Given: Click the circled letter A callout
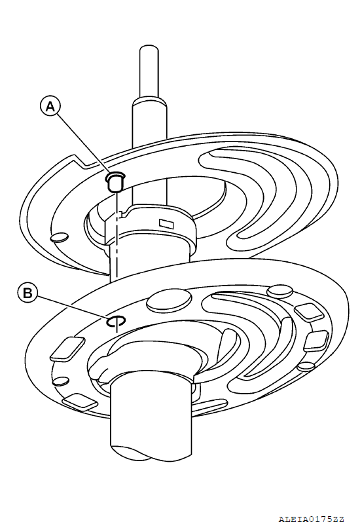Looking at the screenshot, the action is click(x=50, y=107).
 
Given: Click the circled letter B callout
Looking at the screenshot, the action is click(x=27, y=293).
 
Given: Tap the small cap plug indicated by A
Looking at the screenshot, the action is click(x=116, y=181).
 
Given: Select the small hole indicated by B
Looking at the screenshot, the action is click(x=116, y=321).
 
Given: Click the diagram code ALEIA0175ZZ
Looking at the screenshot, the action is click(x=312, y=519).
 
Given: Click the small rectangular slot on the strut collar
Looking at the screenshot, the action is click(x=166, y=223).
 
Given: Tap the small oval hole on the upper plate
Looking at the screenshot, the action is click(x=59, y=237).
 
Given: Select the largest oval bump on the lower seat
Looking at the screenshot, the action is click(x=170, y=301).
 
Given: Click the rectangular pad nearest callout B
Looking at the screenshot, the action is click(x=67, y=349).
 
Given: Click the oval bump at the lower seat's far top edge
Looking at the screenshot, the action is click(x=280, y=291).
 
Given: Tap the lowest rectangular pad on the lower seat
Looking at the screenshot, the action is click(x=80, y=402).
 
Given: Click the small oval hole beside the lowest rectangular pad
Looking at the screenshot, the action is click(x=61, y=381).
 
